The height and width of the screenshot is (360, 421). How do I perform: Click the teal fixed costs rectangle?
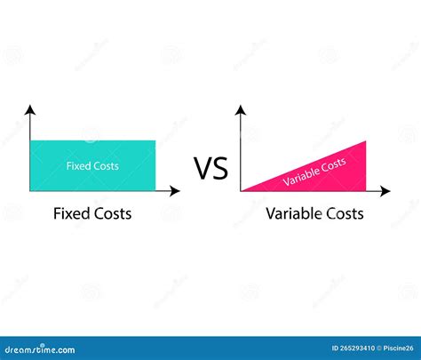pos(92,178)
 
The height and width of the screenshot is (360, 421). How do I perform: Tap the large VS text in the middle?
pos(210,167)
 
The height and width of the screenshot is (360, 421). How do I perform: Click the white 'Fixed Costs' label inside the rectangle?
pos(92,165)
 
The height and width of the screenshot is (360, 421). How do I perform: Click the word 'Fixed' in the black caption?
pos(71,214)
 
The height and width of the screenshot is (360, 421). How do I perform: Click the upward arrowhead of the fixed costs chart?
pos(31,109)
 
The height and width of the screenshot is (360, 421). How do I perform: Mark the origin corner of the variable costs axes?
pos(242,190)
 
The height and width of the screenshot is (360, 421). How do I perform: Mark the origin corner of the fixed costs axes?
pos(31,190)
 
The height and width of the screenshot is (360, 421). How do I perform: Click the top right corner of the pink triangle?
pos(365,141)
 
